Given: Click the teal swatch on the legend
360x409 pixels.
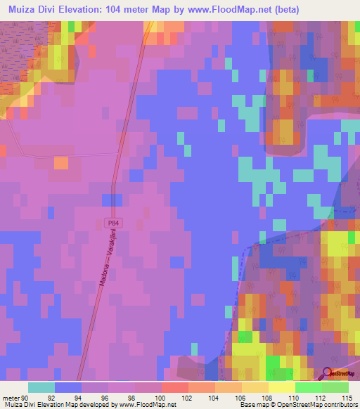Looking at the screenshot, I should click(x=41, y=387).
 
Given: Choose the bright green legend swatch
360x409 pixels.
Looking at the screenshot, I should click(x=309, y=387).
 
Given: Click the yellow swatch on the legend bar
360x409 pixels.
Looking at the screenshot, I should click(x=282, y=387).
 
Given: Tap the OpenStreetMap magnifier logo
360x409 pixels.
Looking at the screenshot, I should click(x=328, y=375).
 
